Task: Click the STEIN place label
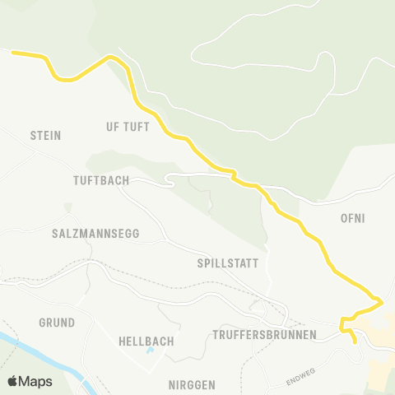click(46, 135)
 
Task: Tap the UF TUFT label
click(128, 127)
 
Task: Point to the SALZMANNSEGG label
click(95, 233)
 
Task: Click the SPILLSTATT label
click(228, 264)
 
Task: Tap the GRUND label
click(57, 322)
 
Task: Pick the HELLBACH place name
click(144, 341)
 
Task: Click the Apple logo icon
click(12, 381)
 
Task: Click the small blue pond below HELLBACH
click(150, 352)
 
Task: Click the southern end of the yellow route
click(355, 341)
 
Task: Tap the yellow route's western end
click(13, 53)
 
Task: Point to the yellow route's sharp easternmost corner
click(381, 303)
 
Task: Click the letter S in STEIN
click(33, 135)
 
